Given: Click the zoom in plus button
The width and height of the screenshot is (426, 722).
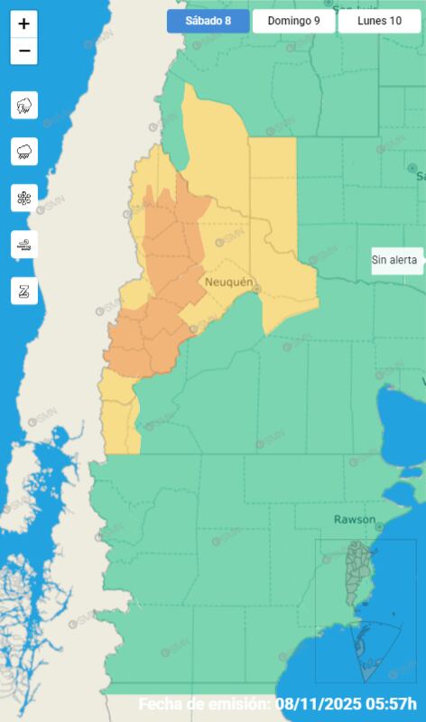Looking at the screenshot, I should pyautogui.click(x=23, y=24).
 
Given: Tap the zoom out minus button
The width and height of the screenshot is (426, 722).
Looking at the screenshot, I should pyautogui.click(x=23, y=51).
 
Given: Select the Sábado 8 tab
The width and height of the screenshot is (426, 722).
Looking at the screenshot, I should pyautogui.click(x=208, y=21).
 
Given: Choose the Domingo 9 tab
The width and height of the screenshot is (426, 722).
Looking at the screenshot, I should pyautogui.click(x=292, y=21).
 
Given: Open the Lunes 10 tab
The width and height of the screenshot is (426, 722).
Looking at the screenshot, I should pyautogui.click(x=379, y=21).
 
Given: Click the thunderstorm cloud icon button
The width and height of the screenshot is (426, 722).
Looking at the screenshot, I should pyautogui.click(x=24, y=106).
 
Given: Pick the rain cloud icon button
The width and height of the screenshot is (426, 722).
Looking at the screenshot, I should pyautogui.click(x=24, y=152).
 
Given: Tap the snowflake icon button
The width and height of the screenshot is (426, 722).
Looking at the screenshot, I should pyautogui.click(x=24, y=198).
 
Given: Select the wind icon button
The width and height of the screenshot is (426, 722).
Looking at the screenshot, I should pyautogui.click(x=24, y=244).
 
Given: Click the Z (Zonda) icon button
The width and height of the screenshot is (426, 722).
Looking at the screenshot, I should pyautogui.click(x=24, y=291).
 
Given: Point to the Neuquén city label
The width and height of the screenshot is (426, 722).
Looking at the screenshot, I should pyautogui.click(x=229, y=282).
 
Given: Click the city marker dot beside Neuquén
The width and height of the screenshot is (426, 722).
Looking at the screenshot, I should pyautogui.click(x=256, y=290).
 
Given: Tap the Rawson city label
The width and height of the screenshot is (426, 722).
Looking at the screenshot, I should pyautogui.click(x=355, y=520).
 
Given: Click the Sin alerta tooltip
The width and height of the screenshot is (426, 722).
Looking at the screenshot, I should pyautogui.click(x=395, y=260).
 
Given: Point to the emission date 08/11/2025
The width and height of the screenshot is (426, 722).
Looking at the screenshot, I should pyautogui.click(x=322, y=704).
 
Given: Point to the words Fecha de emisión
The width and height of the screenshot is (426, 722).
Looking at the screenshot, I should pyautogui.click(x=203, y=704).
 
